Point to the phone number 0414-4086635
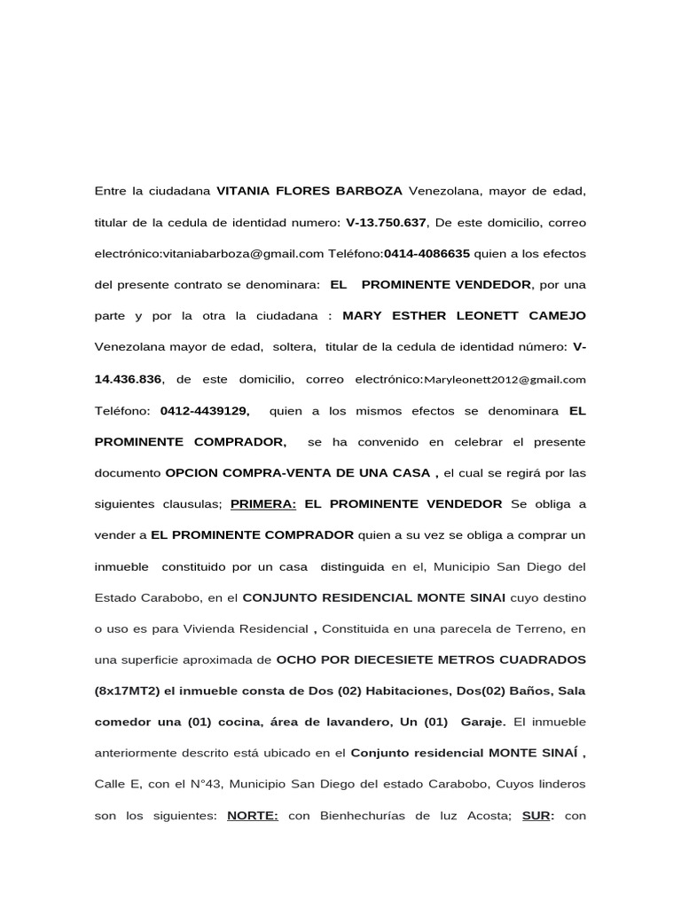(x=427, y=254)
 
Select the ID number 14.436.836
(x=128, y=379)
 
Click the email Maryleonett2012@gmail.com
(x=505, y=379)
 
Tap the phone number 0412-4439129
(x=205, y=411)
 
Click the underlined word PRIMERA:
(x=263, y=504)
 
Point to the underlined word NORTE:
(x=253, y=817)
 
